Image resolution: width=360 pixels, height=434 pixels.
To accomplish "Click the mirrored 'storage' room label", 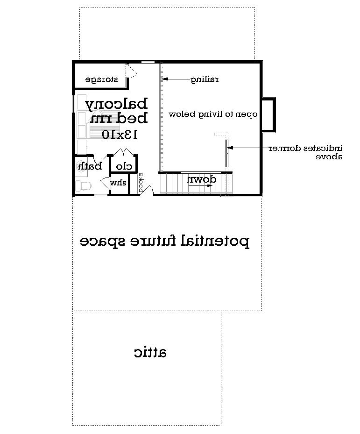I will pos(100,80).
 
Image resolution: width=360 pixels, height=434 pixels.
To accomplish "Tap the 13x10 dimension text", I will pos(120,135).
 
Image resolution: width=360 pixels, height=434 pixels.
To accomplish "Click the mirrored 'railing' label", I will pos(204,79).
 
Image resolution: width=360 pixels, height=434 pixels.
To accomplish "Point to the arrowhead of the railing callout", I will pos(164,79).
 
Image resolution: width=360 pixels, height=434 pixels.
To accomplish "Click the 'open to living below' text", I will pos(213,114).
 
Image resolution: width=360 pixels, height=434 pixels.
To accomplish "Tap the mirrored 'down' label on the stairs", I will pos(201,179).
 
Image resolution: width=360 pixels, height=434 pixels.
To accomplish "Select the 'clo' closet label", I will pos(124,166).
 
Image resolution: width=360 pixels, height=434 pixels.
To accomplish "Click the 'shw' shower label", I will pos(118,183).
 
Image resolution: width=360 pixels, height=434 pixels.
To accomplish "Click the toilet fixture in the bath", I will pos(85,186).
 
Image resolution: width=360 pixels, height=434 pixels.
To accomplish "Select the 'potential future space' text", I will pos(164,242).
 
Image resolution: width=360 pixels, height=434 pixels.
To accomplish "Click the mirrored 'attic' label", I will pos(150,352).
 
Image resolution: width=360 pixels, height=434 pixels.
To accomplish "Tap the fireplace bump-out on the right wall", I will pos(268,114).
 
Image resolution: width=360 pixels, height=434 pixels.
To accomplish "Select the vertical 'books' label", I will pos(141,182).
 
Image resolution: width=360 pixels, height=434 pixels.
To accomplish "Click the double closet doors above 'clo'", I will pos(122,152).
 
